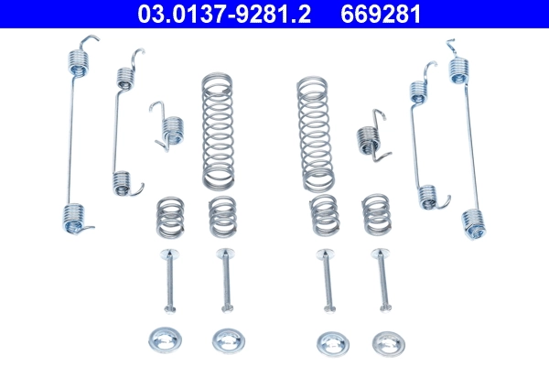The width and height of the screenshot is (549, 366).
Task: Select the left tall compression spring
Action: point(217,129)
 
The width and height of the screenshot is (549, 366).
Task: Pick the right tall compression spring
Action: point(314,129)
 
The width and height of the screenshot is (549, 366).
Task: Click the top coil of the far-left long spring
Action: point(81,60)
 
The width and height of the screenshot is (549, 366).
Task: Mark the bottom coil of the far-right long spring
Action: point(471,222)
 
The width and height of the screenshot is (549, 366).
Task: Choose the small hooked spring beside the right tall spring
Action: point(367,135)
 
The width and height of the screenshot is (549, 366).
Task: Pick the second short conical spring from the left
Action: point(221,215)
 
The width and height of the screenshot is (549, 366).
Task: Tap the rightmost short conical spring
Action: point(376,214)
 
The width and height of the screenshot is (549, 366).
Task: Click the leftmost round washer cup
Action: point(165,339)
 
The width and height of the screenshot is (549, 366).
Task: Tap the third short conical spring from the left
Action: point(323,215)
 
